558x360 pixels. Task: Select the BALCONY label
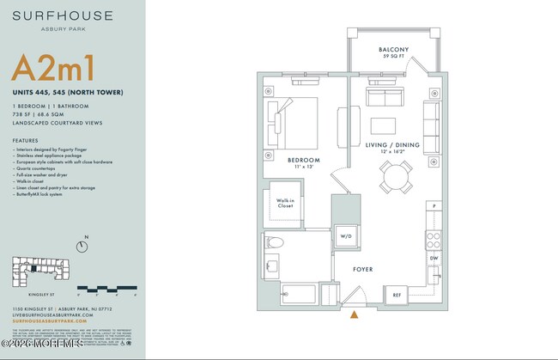click(x=393, y=50)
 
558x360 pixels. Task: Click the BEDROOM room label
click(x=303, y=161)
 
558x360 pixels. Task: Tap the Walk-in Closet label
click(x=285, y=204)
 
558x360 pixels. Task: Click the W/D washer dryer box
click(x=346, y=235)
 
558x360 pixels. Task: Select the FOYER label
click(x=363, y=269)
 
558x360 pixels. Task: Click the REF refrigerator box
click(x=397, y=295)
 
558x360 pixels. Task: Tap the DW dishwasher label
click(x=434, y=258)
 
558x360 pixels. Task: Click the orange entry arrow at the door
click(x=354, y=314)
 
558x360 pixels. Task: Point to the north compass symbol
click(x=82, y=247)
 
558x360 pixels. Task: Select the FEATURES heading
click(x=25, y=140)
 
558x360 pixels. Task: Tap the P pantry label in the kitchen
click(x=434, y=207)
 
